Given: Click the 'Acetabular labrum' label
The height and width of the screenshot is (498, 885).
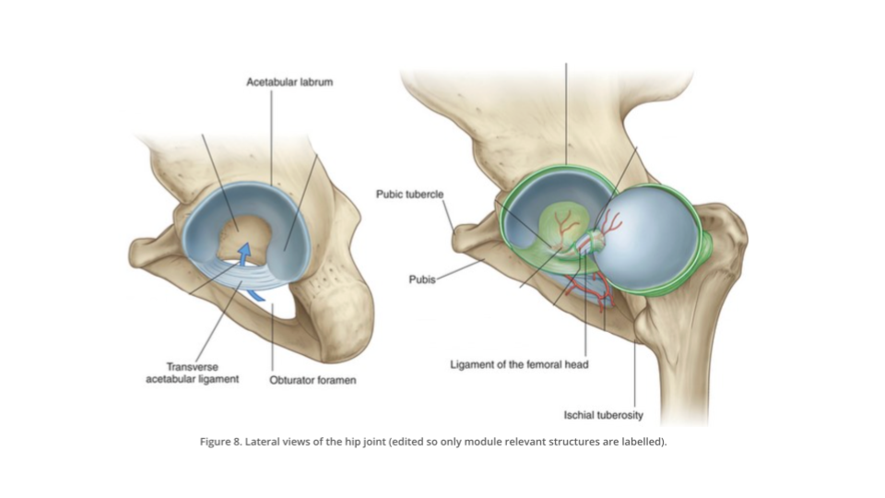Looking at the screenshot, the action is [x=289, y=82].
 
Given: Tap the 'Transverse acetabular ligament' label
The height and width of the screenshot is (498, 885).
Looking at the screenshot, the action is [x=193, y=373].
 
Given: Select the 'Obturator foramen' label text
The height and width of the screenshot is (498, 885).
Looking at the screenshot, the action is [x=313, y=380].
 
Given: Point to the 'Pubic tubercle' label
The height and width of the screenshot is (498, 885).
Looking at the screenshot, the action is [x=409, y=195].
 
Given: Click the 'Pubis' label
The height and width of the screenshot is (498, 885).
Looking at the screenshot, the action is [x=422, y=279].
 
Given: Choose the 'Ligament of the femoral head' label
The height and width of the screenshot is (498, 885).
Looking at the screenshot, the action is [x=519, y=365].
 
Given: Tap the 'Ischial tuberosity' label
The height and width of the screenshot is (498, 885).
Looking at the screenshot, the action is [x=603, y=415].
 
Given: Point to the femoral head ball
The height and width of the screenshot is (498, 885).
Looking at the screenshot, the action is [x=649, y=236].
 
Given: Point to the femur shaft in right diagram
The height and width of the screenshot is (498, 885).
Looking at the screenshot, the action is [x=684, y=378].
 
